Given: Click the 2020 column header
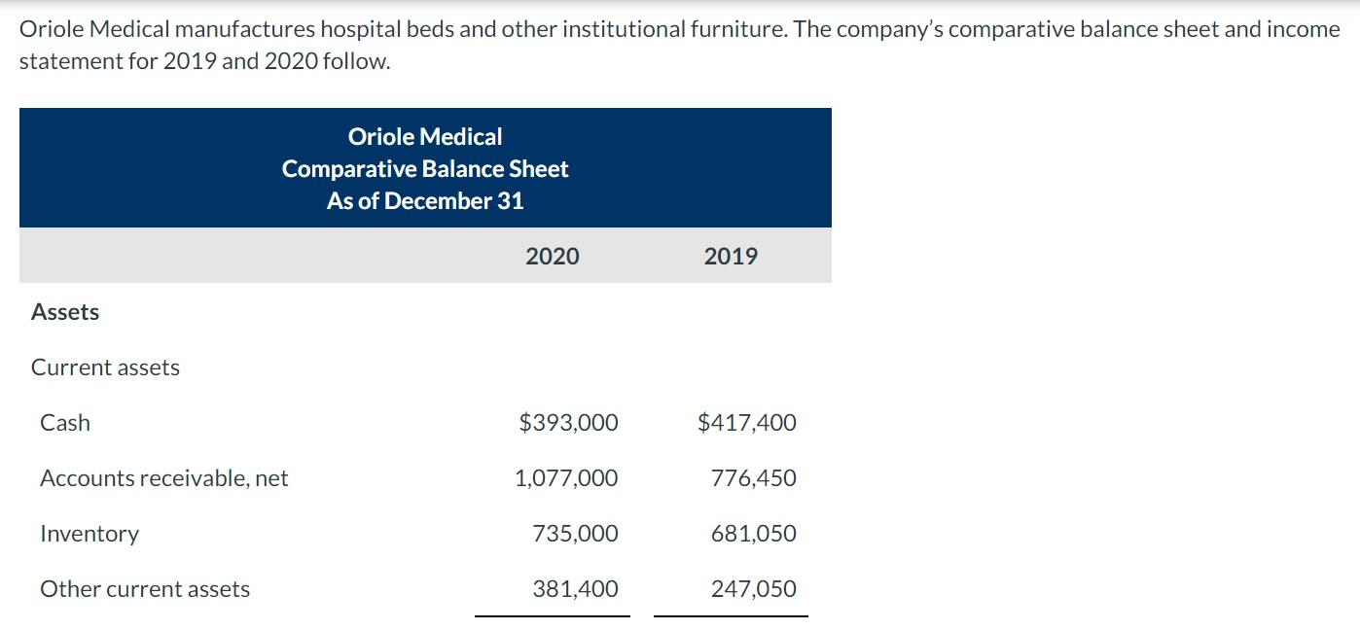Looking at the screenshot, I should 552,257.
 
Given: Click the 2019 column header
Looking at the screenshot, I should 731,257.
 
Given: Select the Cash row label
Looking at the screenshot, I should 65,423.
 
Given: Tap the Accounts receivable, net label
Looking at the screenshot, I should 163,478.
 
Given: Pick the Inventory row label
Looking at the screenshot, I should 89,534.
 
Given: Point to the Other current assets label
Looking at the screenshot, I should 145,589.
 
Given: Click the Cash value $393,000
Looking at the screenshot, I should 568,423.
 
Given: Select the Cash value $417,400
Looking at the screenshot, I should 747,423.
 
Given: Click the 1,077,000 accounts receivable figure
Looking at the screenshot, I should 566,478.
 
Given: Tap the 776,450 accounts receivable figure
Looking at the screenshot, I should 753,478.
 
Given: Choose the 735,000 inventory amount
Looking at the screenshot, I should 575,534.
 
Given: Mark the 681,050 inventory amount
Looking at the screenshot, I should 753,534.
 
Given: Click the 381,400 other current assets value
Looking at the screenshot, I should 575,589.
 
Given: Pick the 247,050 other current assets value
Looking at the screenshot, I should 753,589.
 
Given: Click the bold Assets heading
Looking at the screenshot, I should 65,312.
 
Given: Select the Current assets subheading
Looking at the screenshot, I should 105,367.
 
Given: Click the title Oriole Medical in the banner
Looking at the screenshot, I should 425,137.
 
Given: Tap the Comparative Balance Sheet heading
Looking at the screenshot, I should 425,169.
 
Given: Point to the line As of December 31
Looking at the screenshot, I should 425,201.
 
